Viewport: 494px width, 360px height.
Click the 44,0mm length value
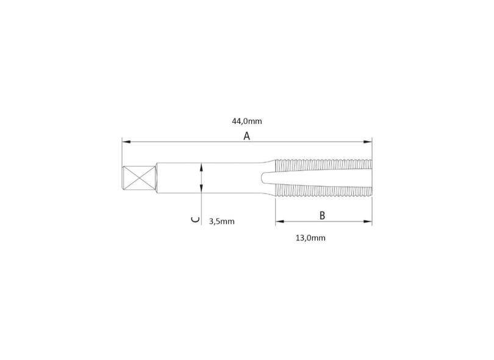(x=247, y=121)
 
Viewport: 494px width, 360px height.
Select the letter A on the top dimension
(x=247, y=136)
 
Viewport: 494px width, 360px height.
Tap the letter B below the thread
(x=322, y=215)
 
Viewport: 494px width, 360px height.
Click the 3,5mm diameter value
(x=221, y=221)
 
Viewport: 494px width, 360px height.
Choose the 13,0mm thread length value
(x=310, y=238)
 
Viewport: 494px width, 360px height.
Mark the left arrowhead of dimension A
(x=126, y=142)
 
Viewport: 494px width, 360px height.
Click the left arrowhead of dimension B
(x=279, y=222)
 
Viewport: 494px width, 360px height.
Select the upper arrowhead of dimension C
(x=201, y=166)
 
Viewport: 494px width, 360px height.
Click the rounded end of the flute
(x=263, y=178)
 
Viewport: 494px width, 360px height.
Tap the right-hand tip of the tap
(x=371, y=179)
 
